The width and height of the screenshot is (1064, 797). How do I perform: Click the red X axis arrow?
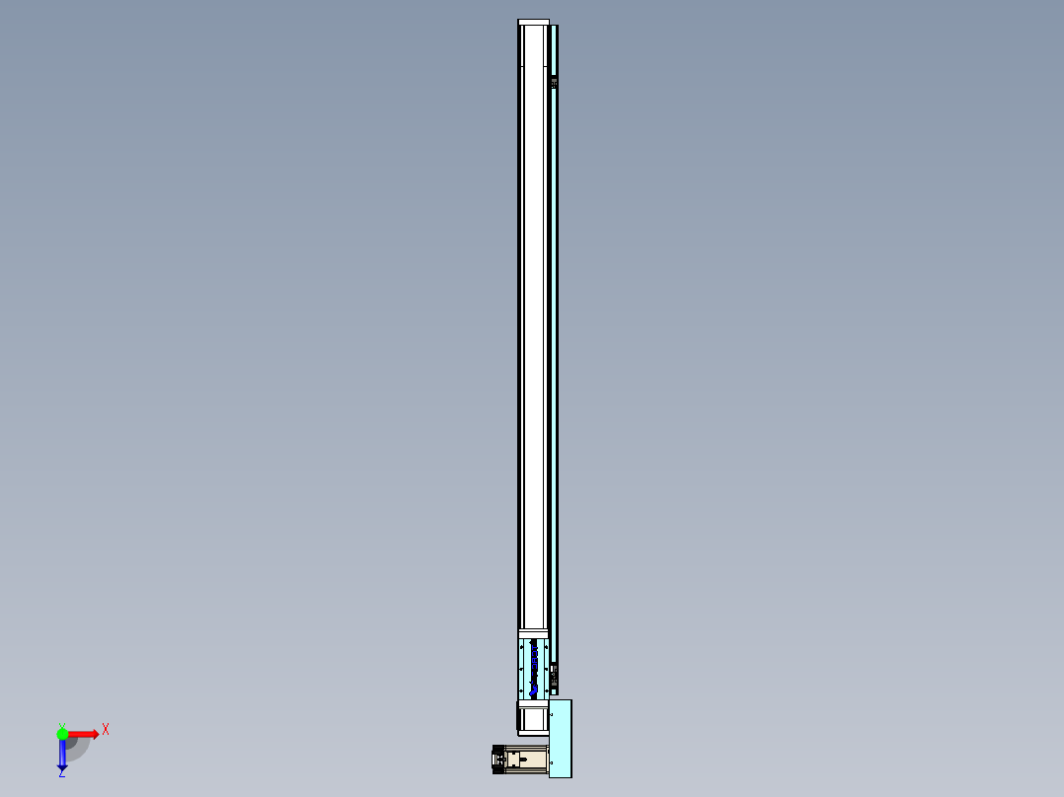(x=84, y=734)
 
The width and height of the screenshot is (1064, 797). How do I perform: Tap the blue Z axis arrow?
(x=62, y=756)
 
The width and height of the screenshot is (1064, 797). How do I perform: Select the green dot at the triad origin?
(x=62, y=734)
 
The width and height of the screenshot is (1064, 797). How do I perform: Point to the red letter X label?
(x=106, y=730)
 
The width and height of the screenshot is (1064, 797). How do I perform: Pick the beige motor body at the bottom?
(x=531, y=761)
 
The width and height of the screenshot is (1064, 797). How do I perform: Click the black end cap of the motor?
(x=497, y=761)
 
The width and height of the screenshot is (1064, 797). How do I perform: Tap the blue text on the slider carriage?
(x=535, y=668)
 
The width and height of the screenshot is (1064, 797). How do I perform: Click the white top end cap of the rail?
(x=533, y=23)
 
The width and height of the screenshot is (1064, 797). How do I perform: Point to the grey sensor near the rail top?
(x=555, y=81)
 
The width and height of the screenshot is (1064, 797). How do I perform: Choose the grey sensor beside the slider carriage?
(x=555, y=675)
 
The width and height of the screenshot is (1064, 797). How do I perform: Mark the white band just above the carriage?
(x=533, y=634)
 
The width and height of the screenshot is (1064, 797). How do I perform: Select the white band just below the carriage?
(x=533, y=703)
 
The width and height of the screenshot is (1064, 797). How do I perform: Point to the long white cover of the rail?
(x=533, y=326)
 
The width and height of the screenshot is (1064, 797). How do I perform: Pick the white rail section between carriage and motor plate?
(x=533, y=719)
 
